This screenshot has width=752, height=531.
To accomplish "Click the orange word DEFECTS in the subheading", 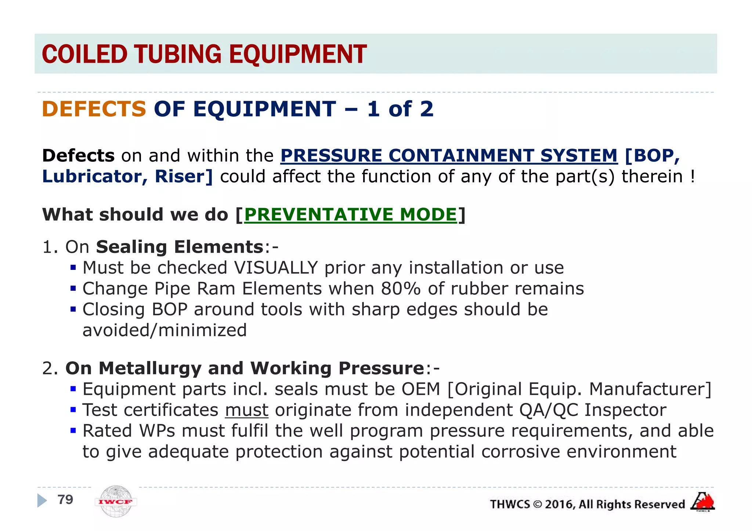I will (x=94, y=109).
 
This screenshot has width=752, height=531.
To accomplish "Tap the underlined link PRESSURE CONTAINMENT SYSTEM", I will (x=449, y=155).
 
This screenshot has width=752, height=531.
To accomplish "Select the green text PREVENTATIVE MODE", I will (x=350, y=215).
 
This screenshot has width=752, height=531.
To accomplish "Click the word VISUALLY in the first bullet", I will (x=276, y=268).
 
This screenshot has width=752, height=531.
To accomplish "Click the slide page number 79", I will (x=65, y=499).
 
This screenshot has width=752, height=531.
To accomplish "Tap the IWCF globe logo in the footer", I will (x=116, y=501).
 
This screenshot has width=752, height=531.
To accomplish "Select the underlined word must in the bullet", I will (x=247, y=410).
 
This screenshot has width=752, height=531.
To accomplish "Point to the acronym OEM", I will (x=421, y=389).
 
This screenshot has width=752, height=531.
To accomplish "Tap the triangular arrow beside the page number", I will (x=42, y=501).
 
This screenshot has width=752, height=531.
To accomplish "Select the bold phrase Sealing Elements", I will (x=180, y=247).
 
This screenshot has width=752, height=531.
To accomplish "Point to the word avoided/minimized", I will (x=164, y=330).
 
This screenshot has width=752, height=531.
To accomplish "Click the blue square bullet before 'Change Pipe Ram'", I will (x=73, y=289).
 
